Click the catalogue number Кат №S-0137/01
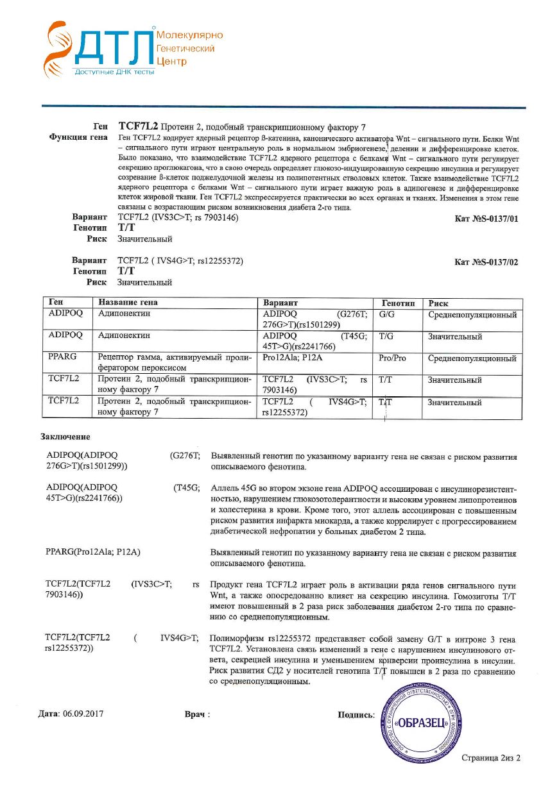(x=485, y=219)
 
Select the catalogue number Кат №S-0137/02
(x=485, y=262)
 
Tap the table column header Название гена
(x=128, y=303)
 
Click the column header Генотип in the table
(x=398, y=303)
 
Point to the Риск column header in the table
(x=438, y=303)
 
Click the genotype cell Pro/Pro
(x=391, y=358)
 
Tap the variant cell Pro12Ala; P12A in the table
(x=293, y=358)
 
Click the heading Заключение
(x=65, y=437)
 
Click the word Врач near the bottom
(x=195, y=714)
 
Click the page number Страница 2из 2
(x=491, y=758)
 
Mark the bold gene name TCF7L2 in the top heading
(x=138, y=126)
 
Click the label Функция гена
(x=78, y=138)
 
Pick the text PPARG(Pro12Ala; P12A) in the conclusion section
(x=93, y=551)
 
